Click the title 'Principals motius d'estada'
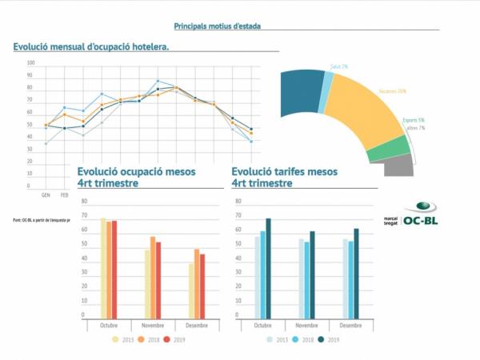click(x=217, y=26)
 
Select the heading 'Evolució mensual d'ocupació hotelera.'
click(x=90, y=47)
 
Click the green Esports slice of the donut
click(x=391, y=149)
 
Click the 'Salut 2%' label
click(x=340, y=66)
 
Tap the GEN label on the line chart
click(x=46, y=194)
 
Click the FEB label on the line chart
click(x=65, y=194)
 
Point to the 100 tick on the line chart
click(x=30, y=62)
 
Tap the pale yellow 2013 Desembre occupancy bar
click(x=192, y=290)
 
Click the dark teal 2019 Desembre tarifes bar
click(x=357, y=273)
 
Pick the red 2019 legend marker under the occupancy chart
click(x=167, y=339)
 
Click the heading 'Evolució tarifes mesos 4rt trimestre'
click(x=284, y=177)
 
